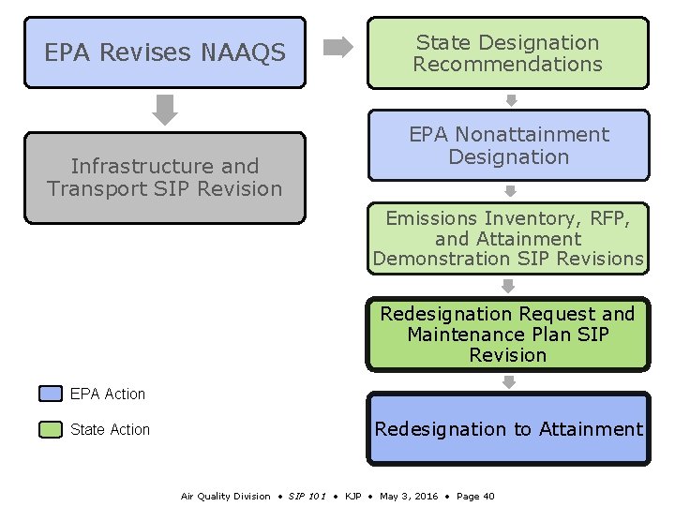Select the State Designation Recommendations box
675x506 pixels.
click(x=507, y=53)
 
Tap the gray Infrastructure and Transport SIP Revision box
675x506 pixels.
click(x=165, y=178)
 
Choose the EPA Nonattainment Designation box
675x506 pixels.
click(x=508, y=145)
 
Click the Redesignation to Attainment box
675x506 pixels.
click(x=508, y=429)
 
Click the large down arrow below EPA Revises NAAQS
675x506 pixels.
click(x=165, y=109)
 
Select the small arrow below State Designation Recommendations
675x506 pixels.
click(x=511, y=100)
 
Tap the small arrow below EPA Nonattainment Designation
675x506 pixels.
click(x=511, y=191)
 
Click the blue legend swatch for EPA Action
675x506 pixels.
click(x=51, y=394)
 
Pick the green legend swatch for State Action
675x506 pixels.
click(x=51, y=429)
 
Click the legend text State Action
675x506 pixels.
click(x=110, y=429)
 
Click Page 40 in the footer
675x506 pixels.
click(x=475, y=496)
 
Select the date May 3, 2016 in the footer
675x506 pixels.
click(x=408, y=496)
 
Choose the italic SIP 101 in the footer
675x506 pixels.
click(x=307, y=496)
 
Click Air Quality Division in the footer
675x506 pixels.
click(x=225, y=496)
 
